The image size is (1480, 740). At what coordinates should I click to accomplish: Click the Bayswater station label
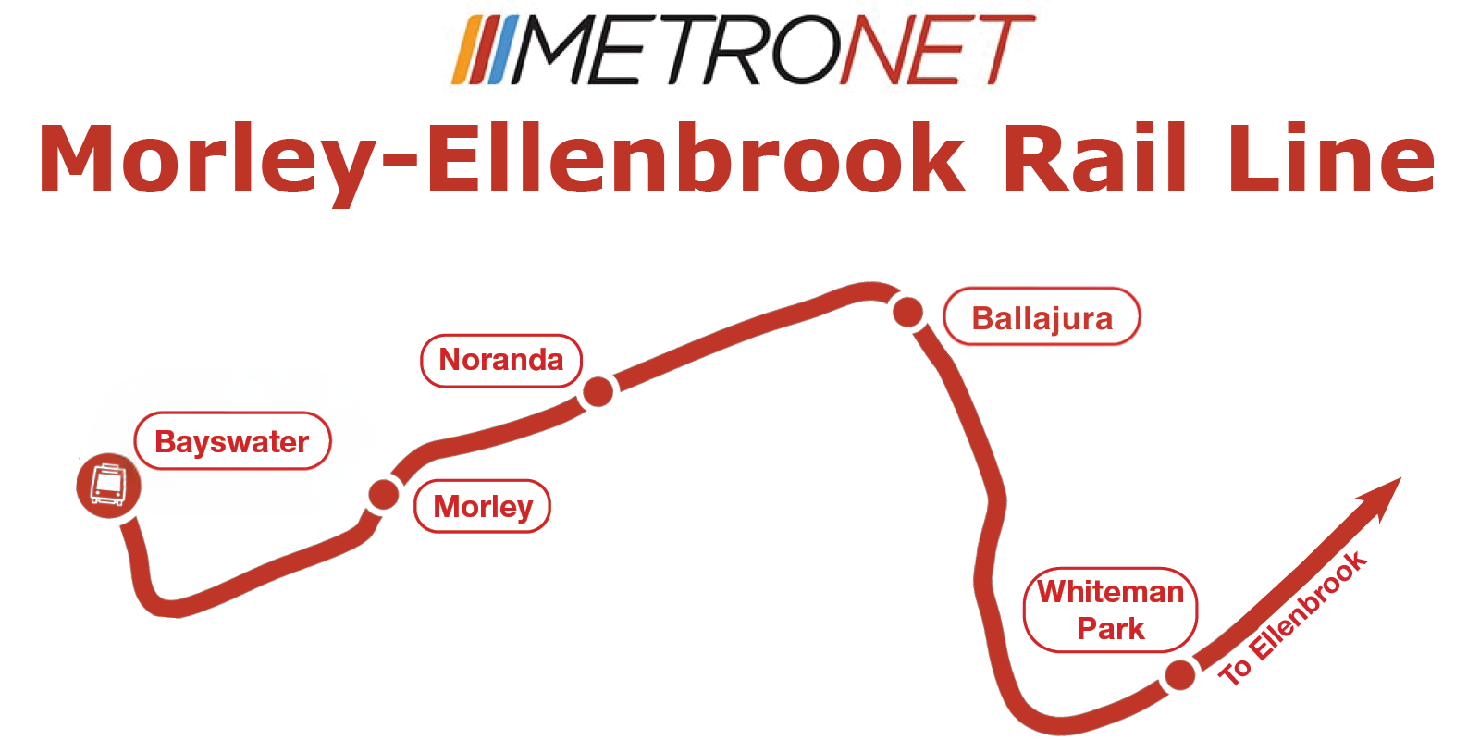point(232,441)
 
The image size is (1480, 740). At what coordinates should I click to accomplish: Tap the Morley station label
point(482,506)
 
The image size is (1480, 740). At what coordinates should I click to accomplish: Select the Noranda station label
point(500,360)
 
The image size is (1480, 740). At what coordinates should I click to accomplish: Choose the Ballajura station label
point(1042,317)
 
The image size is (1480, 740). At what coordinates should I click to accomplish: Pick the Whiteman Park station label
point(1110,610)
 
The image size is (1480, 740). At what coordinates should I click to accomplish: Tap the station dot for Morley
point(383,495)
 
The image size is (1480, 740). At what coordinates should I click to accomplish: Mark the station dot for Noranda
point(598,391)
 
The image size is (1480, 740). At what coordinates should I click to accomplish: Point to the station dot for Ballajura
point(908,313)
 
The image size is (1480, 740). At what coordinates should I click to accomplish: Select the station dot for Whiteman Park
point(1179,675)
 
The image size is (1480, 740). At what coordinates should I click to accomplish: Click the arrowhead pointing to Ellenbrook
point(1382,494)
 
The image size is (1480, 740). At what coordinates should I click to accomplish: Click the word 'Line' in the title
point(1332,159)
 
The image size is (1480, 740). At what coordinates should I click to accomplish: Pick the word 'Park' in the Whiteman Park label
point(1110,629)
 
